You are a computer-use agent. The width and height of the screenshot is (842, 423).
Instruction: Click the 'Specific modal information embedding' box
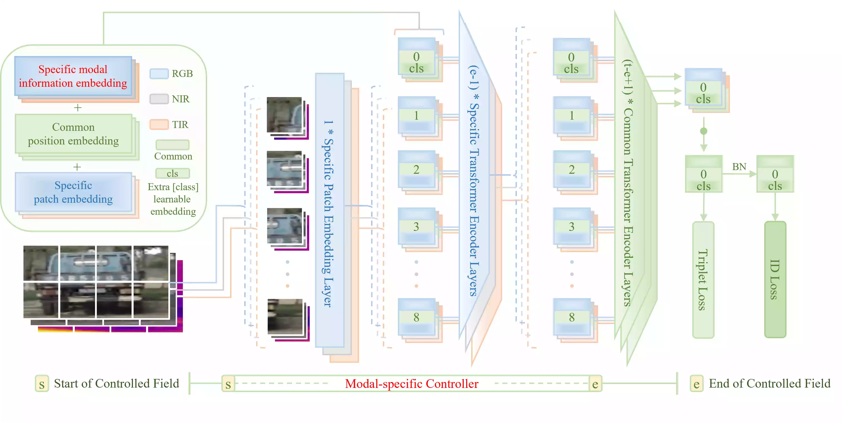point(73,76)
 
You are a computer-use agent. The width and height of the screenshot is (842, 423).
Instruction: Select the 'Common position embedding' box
point(73,134)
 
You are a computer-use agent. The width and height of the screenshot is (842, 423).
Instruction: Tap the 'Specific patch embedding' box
point(73,192)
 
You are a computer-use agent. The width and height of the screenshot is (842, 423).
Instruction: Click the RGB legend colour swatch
point(159,74)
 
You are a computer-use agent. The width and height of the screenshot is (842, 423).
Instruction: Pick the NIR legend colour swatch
point(159,99)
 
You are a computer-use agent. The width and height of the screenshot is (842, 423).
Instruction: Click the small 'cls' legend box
point(172,173)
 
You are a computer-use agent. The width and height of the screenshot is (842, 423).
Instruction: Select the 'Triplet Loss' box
point(703,279)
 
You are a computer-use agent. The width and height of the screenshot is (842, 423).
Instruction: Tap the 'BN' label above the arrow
point(739,167)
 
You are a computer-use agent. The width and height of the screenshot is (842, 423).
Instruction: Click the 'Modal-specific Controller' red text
point(412,383)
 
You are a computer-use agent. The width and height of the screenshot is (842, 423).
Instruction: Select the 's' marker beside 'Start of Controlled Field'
point(42,384)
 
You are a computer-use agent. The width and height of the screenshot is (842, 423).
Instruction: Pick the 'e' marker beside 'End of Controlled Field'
point(696,384)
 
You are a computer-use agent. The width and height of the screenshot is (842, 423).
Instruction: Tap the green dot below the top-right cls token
point(704,131)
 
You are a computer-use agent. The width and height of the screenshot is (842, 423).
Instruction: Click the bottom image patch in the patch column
point(285,316)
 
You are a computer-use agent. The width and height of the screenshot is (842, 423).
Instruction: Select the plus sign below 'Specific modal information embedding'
point(78,108)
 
